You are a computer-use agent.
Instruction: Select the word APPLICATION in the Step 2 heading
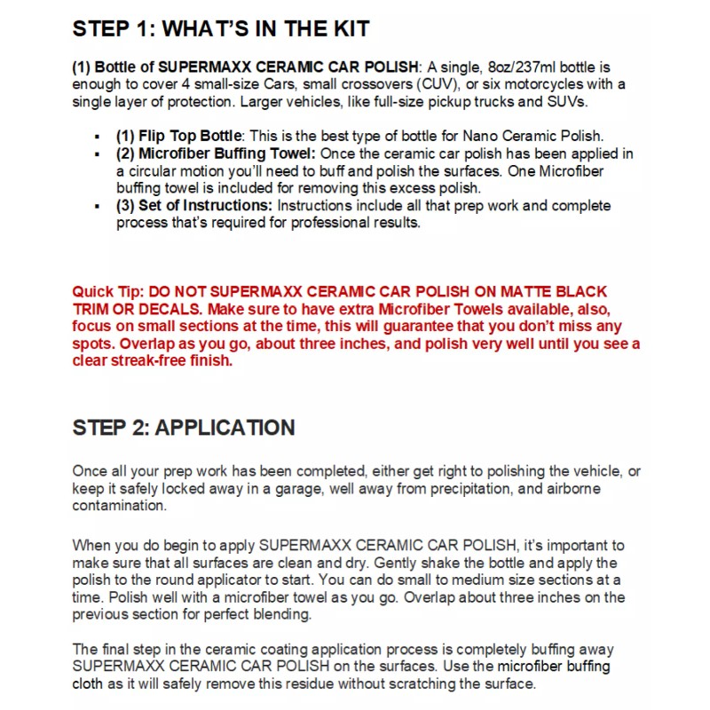point(225,427)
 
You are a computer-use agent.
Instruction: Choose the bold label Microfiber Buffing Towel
point(216,154)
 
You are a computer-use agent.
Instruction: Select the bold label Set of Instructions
point(206,206)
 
